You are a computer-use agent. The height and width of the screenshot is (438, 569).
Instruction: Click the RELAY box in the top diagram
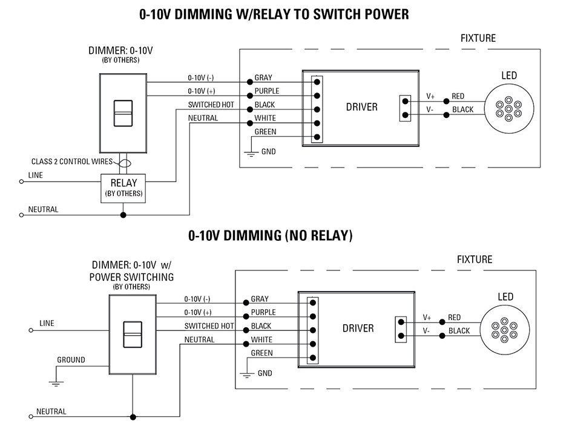123,187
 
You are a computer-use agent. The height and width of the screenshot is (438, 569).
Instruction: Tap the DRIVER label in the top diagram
361,107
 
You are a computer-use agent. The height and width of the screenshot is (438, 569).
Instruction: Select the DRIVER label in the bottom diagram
358,328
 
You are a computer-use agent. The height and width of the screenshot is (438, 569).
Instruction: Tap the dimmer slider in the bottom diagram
133,333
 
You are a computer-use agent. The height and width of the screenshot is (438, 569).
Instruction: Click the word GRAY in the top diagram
263,78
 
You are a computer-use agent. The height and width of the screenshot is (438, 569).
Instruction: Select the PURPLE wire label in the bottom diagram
263,313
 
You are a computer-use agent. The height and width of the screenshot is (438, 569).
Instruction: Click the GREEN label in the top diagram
265,132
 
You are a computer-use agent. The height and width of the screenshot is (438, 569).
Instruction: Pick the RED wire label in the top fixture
458,96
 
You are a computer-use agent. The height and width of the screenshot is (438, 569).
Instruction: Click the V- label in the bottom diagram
427,331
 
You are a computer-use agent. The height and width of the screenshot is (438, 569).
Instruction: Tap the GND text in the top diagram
268,152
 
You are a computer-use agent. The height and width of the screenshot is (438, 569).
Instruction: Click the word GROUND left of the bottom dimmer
71,360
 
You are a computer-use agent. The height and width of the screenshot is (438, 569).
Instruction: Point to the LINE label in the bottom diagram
47,324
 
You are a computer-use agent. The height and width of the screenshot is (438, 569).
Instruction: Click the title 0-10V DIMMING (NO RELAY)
270,235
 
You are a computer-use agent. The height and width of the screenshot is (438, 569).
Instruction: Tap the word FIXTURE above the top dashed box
478,38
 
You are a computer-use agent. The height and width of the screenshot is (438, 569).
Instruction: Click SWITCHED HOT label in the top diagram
211,105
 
